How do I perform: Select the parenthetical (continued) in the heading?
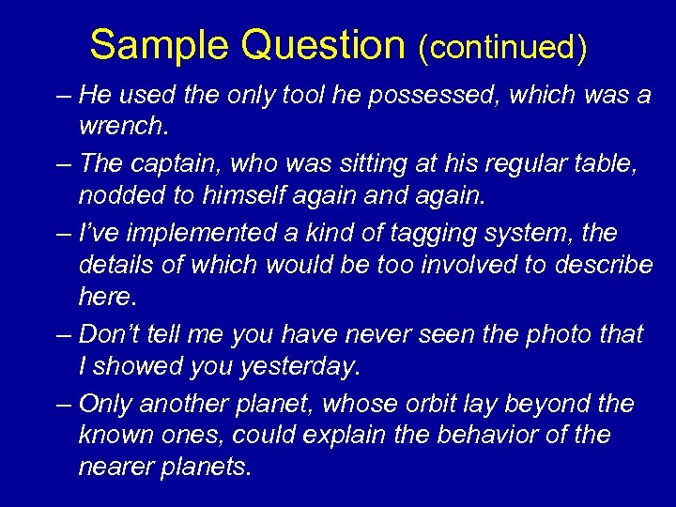click(503, 46)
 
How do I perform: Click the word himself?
click(247, 194)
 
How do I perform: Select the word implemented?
click(178, 231)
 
